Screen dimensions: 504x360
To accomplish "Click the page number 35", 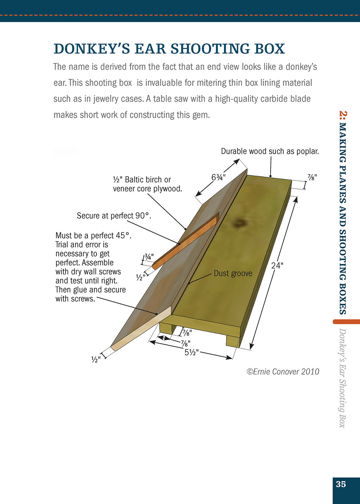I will pos(341,484).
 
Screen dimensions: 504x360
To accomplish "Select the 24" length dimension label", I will pos(277,266).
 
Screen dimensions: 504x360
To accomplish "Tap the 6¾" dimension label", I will pos(218,178).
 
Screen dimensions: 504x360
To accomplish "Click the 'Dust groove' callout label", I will pos(233,273).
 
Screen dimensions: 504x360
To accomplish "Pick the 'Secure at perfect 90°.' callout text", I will pos(114,216).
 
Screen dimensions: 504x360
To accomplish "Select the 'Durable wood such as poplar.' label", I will pos(270,151).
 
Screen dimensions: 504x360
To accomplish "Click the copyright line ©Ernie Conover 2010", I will pos(283,371).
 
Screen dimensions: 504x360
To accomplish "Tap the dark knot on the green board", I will pos(238,224).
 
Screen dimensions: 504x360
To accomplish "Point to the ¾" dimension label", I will pos(149,257).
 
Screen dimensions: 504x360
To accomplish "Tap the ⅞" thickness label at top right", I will pos(312,177).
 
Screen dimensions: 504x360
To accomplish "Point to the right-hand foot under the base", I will pos(233,341).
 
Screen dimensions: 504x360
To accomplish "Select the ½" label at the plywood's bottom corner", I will pos(96,359).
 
